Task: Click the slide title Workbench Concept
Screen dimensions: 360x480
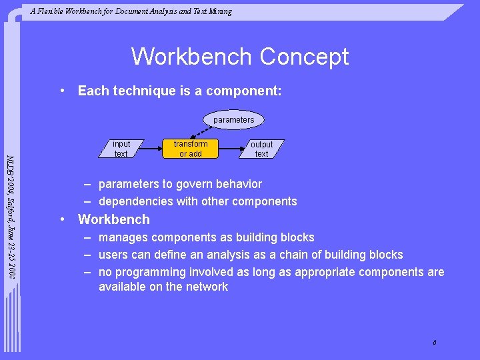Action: pos(239,57)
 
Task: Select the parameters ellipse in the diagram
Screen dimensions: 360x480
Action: pos(233,120)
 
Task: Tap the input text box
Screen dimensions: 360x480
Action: pos(121,149)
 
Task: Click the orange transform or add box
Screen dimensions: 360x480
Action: pos(191,149)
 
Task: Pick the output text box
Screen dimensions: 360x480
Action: pos(261,149)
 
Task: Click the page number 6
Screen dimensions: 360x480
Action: pos(434,343)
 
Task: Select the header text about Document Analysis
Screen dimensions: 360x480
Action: pos(131,11)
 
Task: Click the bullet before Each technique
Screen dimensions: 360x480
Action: pos(61,91)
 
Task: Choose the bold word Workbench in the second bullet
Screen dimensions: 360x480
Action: pos(114,219)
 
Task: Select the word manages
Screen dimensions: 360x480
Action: pos(121,237)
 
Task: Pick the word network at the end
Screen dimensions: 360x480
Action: pos(207,287)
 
